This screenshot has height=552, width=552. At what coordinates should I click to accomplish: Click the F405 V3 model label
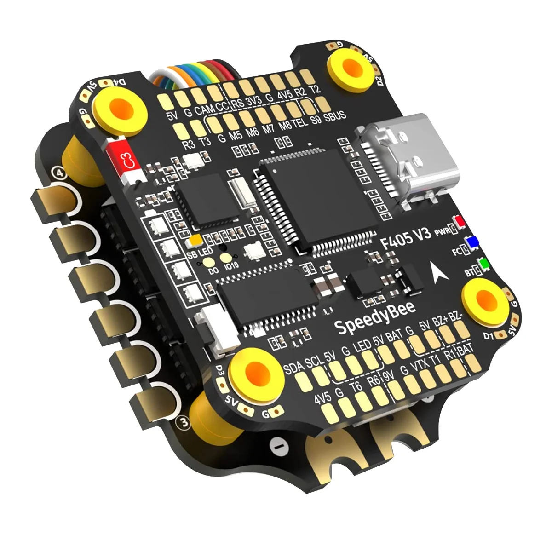coord(407,238)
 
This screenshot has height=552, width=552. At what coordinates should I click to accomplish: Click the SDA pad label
coord(293,367)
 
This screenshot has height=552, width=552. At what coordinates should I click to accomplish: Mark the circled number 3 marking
coord(184,422)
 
